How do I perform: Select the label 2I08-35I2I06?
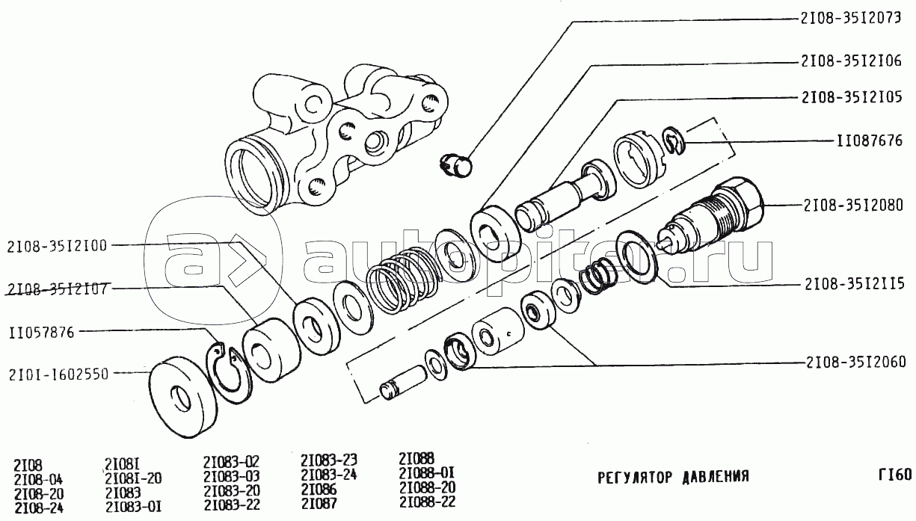point(851,61)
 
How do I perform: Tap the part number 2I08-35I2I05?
point(852,97)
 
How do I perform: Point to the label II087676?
point(870,141)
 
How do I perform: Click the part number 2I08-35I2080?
point(853,205)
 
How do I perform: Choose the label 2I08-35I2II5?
point(855,284)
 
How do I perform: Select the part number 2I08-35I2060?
point(856,362)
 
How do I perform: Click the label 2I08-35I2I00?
point(57,246)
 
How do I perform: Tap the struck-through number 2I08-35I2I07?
point(58,289)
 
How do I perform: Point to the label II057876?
point(42,332)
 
